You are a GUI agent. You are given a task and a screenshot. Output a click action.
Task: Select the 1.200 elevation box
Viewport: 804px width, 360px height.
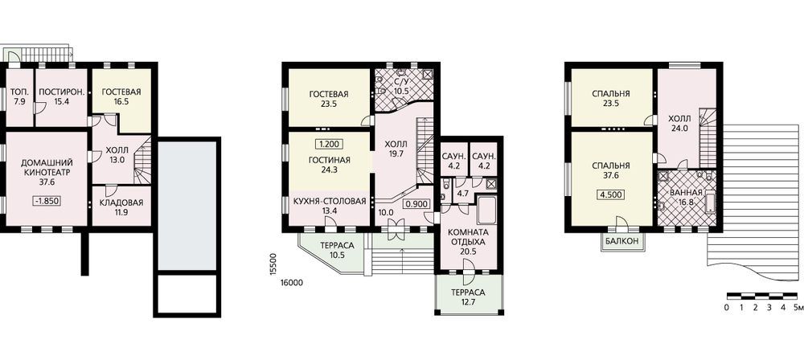tap(329, 145)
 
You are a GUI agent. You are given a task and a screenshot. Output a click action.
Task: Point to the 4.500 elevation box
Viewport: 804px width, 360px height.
tap(610, 195)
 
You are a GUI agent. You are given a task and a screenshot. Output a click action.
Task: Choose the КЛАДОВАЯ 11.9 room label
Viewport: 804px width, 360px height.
tap(121, 207)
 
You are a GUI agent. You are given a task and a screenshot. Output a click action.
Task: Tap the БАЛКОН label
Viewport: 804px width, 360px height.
tap(622, 240)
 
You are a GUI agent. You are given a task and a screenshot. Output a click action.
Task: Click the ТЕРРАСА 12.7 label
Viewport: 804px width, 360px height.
tap(468, 297)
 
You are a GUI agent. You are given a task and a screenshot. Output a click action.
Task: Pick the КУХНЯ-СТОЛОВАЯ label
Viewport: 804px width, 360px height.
tap(329, 201)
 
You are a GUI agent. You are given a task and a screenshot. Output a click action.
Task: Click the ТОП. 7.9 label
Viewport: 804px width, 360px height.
tap(19, 96)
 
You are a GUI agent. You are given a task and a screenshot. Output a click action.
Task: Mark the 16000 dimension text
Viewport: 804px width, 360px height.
tap(291, 282)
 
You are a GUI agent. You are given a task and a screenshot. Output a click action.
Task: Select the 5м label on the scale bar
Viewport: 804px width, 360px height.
tap(798, 308)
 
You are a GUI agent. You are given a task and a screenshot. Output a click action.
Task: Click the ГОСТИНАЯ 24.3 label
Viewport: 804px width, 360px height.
tap(329, 165)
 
